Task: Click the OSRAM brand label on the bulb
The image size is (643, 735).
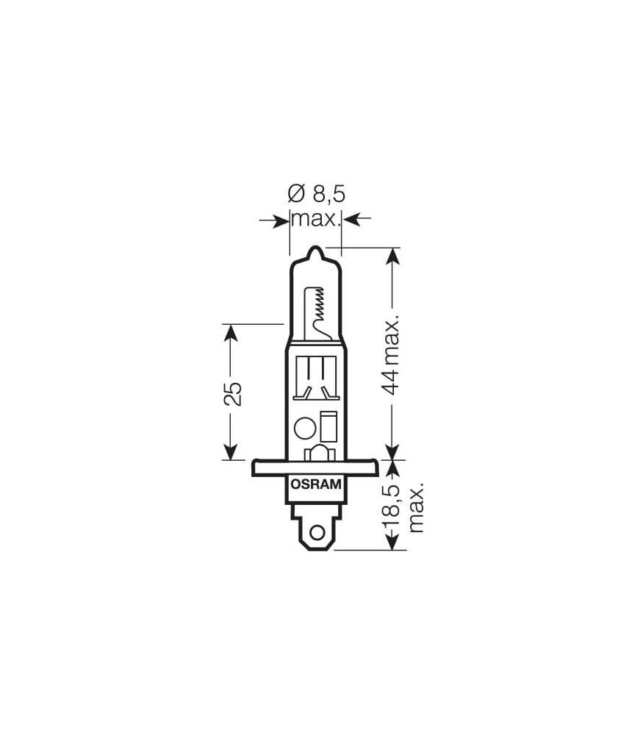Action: tap(315, 484)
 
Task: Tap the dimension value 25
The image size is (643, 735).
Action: tap(231, 393)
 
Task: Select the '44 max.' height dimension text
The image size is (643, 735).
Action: tap(392, 356)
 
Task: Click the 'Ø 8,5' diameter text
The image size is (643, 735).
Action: tap(316, 194)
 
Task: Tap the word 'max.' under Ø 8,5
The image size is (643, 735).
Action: tap(316, 218)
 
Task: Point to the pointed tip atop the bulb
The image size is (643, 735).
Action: tap(315, 251)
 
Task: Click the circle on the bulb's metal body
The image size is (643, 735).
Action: tap(304, 428)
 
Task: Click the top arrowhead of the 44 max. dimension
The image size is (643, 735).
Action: tap(392, 257)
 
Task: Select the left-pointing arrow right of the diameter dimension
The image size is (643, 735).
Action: tap(353, 218)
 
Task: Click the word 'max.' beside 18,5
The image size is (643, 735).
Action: tap(417, 507)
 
